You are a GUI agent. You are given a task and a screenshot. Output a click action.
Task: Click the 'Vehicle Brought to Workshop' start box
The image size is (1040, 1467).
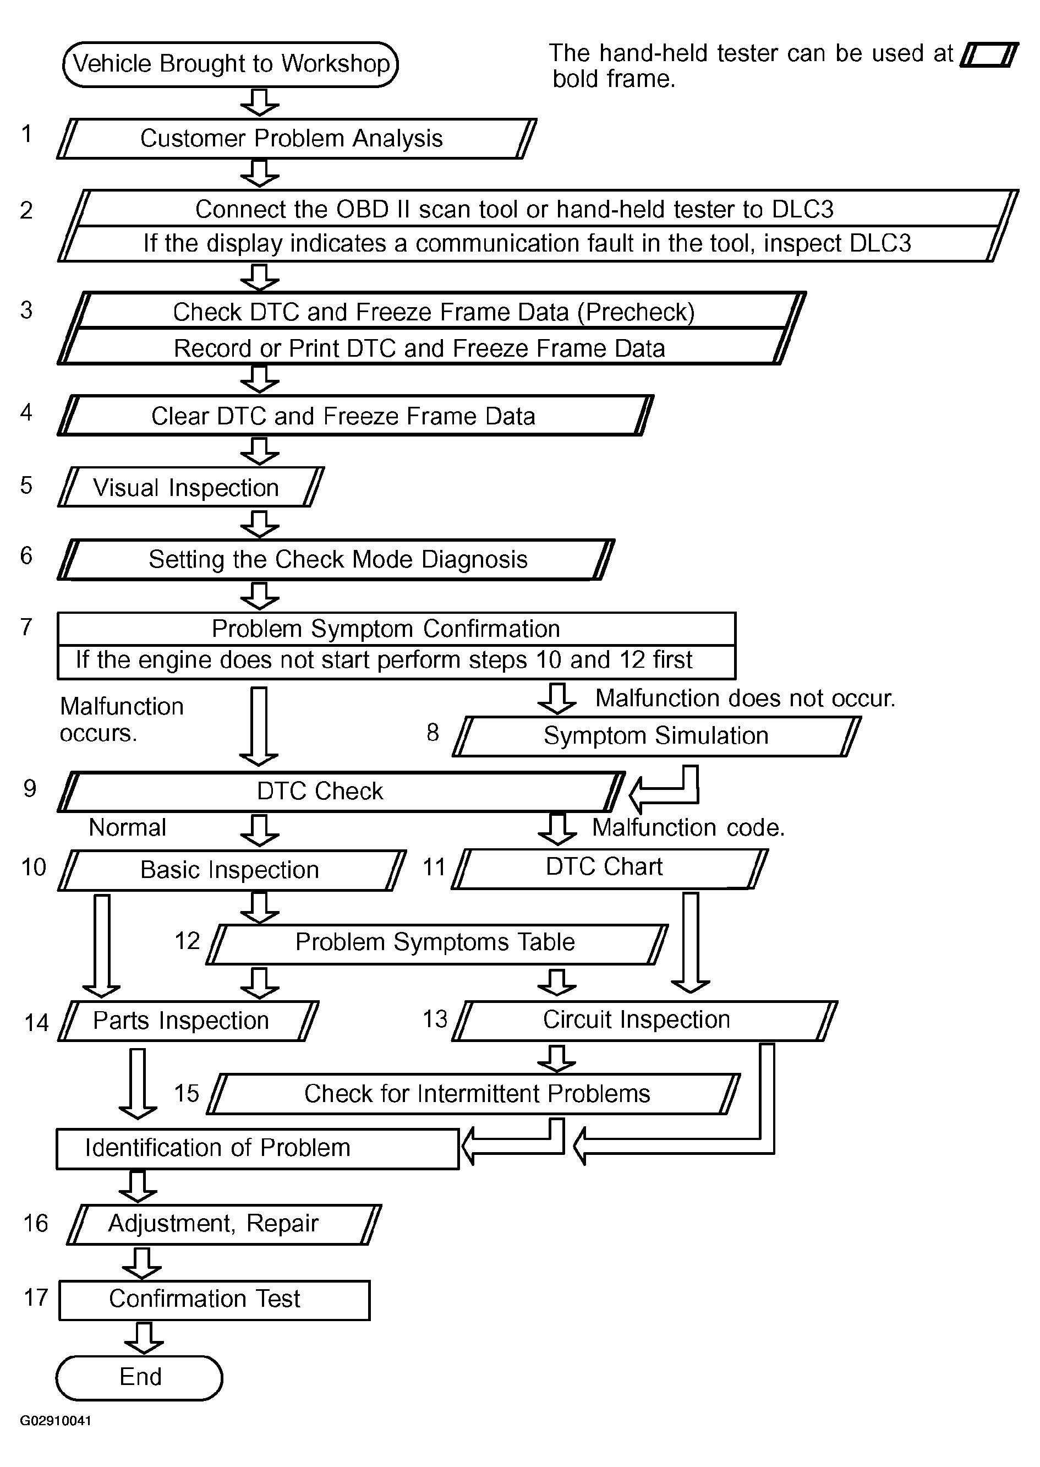click(231, 64)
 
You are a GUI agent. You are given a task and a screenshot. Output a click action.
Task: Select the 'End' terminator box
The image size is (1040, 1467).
click(140, 1377)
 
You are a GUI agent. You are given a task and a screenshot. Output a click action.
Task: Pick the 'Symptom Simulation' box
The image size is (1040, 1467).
click(656, 736)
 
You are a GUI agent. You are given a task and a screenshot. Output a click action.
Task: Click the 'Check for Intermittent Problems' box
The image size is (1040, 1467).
click(474, 1094)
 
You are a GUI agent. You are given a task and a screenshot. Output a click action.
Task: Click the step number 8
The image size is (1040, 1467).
click(433, 732)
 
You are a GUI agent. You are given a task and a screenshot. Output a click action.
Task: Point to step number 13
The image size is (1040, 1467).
click(435, 1018)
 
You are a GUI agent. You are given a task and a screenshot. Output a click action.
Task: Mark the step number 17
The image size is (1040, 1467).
click(36, 1298)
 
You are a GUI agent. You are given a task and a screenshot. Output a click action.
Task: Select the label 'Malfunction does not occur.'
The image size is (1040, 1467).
click(745, 698)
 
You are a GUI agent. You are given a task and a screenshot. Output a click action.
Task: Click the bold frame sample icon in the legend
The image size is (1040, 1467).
click(989, 55)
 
